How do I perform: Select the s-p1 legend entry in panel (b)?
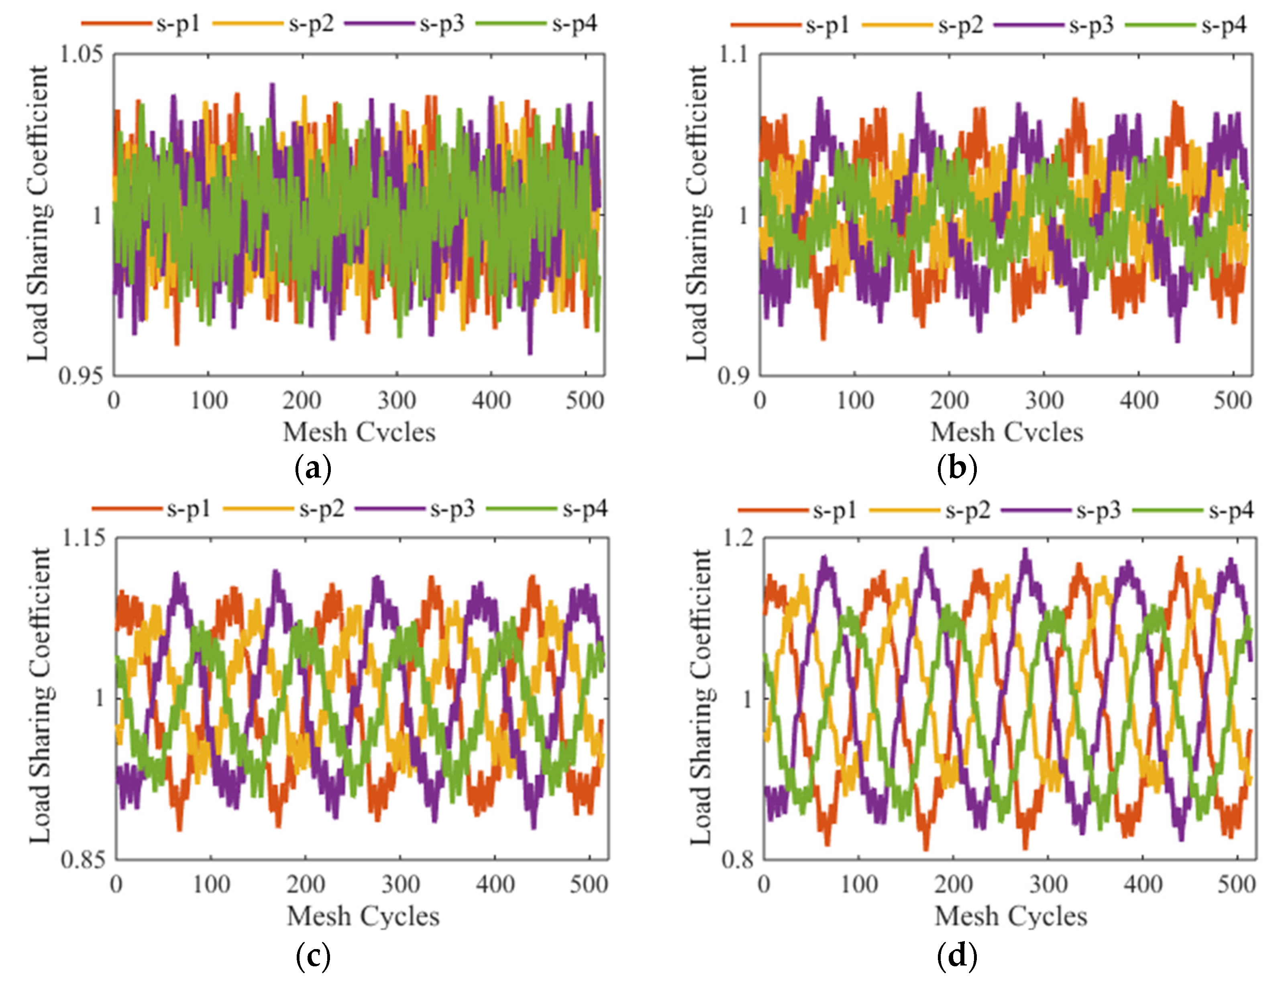[790, 26]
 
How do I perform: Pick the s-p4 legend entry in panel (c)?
[547, 509]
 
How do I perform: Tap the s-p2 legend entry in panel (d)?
[930, 510]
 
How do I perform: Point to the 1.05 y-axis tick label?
[81, 54]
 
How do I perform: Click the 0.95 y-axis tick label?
[81, 375]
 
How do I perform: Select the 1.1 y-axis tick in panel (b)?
[733, 54]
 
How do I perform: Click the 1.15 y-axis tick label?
[84, 537]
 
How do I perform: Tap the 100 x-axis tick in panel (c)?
[211, 884]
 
